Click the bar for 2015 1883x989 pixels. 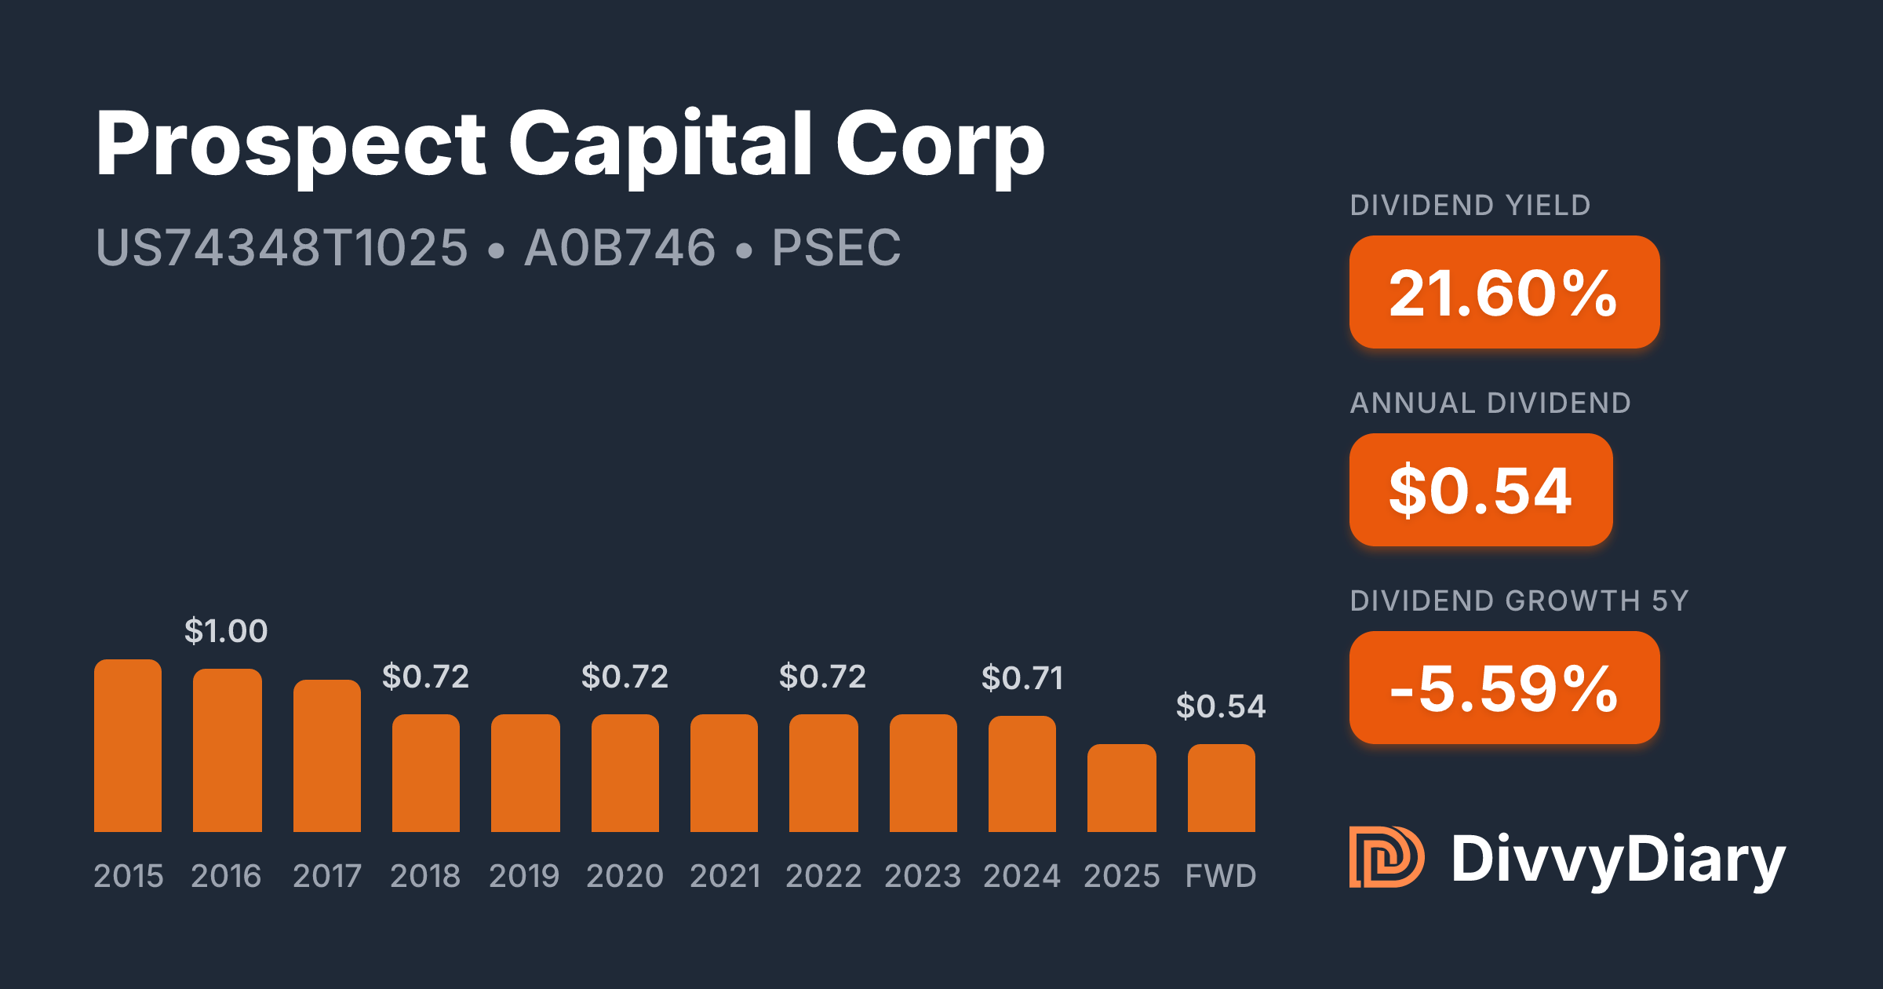coord(128,746)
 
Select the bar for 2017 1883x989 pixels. coord(327,756)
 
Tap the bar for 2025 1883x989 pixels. coord(1122,788)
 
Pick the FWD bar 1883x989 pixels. coord(1222,788)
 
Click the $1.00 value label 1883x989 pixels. coord(226,631)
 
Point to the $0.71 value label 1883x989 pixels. coord(1022,678)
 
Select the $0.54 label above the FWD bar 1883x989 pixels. coord(1221,706)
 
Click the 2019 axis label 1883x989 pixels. coord(524,876)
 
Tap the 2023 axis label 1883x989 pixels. coord(923,876)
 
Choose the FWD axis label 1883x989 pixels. coord(1221,876)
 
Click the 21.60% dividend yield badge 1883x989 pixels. coord(1504,292)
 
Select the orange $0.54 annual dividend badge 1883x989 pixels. coord(1481,490)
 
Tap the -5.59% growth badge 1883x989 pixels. coord(1504,688)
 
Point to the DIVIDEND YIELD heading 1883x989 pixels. coord(1470,206)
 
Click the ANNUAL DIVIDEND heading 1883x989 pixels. coord(1491,403)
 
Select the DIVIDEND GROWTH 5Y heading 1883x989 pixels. coord(1519,601)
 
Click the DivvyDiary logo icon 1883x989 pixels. coord(1386,857)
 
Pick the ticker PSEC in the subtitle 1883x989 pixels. coord(836,248)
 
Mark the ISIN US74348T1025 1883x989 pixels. coord(282,248)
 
